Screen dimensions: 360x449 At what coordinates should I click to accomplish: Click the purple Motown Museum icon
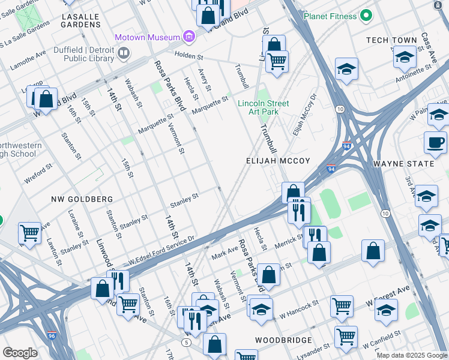point(189,37)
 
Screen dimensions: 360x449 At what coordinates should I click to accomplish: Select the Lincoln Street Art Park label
point(263,107)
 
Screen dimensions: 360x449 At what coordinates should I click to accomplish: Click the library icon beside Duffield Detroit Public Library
point(124,54)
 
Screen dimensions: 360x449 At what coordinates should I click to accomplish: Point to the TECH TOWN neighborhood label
point(391,41)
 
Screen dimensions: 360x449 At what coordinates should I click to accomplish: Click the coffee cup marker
point(435,143)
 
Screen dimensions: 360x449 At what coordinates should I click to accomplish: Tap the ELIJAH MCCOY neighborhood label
point(278,161)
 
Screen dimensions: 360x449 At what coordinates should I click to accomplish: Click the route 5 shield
point(187,342)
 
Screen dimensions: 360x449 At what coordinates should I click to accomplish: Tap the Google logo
point(20,353)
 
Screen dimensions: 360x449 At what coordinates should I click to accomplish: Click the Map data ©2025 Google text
point(411,355)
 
